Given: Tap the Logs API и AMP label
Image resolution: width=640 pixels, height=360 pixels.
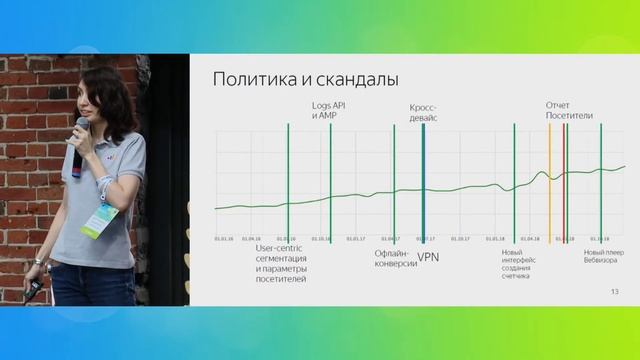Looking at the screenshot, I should point(327,110).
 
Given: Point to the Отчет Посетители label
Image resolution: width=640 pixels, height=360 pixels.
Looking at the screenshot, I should point(569,110).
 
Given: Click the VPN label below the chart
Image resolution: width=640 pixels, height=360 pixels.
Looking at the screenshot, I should point(428,256).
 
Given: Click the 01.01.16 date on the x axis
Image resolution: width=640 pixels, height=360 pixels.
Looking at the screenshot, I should point(223,239).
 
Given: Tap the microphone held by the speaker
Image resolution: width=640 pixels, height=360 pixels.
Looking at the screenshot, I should point(79,141).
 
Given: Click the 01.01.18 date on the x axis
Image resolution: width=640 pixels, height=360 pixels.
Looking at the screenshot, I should point(495,239).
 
